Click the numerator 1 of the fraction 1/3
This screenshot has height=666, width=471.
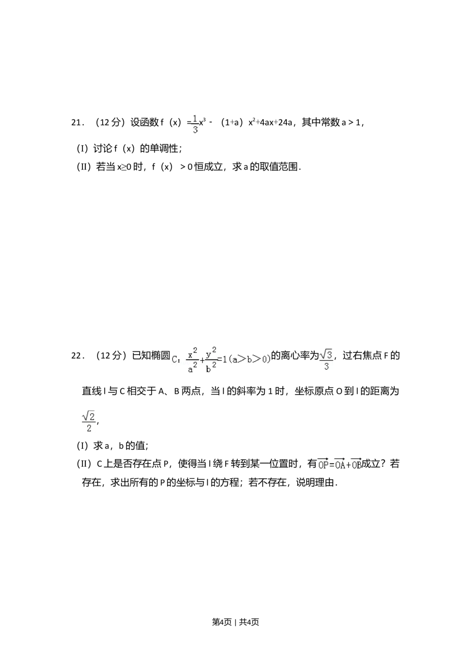(195, 118)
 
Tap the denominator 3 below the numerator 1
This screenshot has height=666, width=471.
(195, 130)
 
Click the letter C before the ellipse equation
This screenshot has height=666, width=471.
(175, 360)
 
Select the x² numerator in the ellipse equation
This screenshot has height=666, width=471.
(192, 353)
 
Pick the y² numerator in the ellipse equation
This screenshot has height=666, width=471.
(211, 352)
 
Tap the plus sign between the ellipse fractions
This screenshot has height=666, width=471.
(202, 360)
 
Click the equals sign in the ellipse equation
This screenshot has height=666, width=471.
(219, 360)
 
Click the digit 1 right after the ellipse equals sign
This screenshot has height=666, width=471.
(225, 359)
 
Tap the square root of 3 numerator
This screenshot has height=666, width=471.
(326, 354)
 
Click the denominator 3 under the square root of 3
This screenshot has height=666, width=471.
(326, 366)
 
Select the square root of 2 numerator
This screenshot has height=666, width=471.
(89, 415)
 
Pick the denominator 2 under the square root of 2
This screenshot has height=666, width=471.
(89, 428)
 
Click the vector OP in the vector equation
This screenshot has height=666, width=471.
(323, 464)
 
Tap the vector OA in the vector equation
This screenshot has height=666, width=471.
(340, 464)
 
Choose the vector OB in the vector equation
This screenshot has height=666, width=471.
(356, 464)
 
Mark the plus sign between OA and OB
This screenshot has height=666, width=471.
(348, 465)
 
